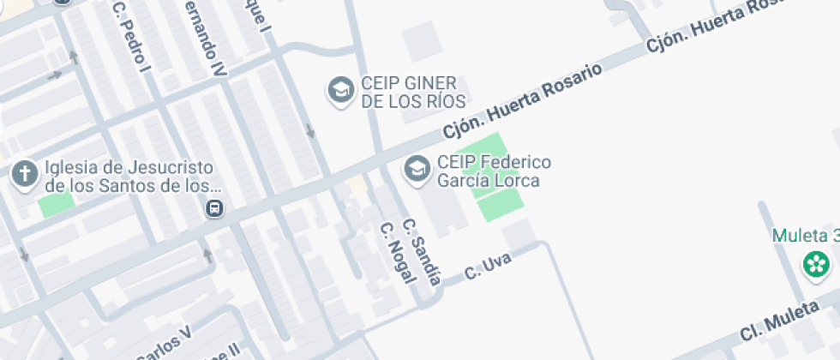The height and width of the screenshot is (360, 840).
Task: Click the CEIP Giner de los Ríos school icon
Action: (x=341, y=89)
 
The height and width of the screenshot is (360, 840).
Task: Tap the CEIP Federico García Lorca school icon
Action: (x=417, y=169)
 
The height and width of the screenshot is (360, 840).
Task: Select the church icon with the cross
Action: (x=24, y=175)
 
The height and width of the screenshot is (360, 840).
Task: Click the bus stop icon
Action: (x=214, y=208)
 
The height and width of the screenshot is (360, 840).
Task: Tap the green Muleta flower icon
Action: (x=815, y=264)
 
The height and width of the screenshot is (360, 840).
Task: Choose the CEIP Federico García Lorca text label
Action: (x=494, y=171)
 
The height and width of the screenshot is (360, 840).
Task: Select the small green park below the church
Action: (x=56, y=206)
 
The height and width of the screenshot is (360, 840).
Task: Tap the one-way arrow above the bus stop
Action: (x=207, y=255)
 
